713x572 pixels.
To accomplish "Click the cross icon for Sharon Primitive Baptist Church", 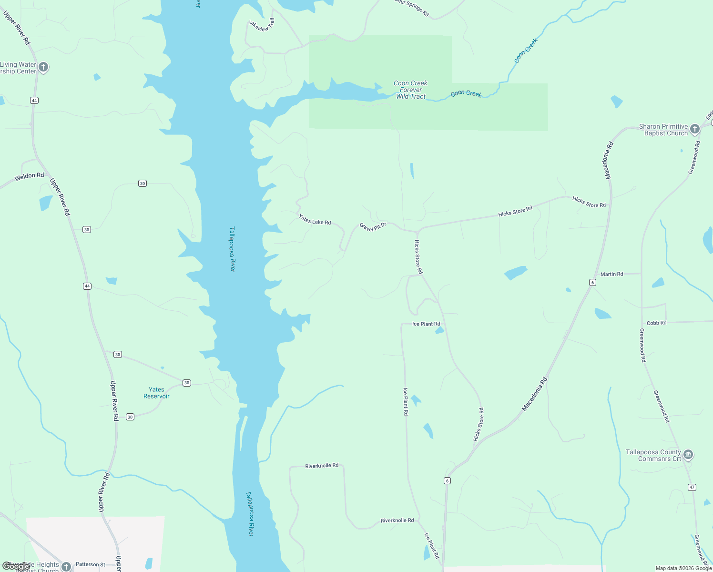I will coord(694,129).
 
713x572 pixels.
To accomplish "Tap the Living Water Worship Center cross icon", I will coord(43,67).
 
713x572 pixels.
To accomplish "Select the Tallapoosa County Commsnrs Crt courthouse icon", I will coord(688,455).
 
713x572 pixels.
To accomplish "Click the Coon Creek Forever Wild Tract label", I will coord(410,90).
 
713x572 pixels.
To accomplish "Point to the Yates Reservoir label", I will coord(156,393).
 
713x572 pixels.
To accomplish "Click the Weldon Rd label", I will coord(29,176).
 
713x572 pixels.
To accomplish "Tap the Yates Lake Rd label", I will coord(315,219).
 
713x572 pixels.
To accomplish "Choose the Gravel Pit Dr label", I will coord(373,226).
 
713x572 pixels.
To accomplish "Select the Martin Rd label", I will coord(611,274).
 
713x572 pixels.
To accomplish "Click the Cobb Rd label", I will coord(656,323).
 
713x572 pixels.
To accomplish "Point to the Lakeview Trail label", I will coord(263,25).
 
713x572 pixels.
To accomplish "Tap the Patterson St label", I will coord(91,564).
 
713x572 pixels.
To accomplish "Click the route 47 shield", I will coord(692,487).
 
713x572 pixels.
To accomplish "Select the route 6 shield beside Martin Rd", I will coord(592,283).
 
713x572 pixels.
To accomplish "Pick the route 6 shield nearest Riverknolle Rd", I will coord(447,480).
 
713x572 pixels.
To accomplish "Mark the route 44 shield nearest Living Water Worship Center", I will coord(34,100).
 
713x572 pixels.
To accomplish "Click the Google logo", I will coord(16,566).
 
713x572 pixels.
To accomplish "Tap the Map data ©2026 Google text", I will coord(683,568).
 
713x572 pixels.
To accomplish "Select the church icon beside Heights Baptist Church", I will coord(66,566).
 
